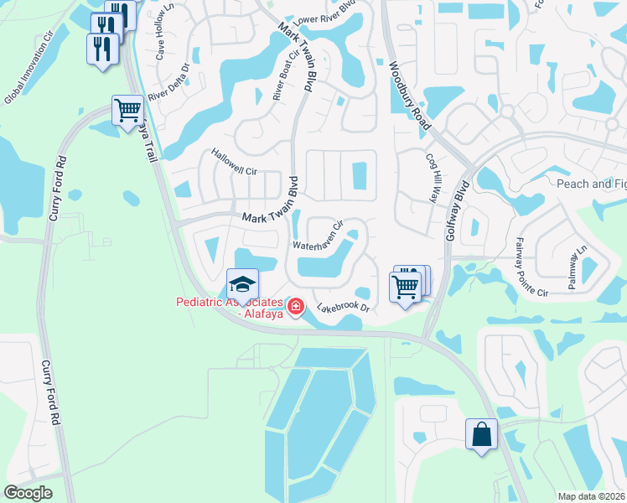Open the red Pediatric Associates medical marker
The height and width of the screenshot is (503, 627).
coord(295,309)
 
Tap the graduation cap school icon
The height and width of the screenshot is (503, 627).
coord(242,283)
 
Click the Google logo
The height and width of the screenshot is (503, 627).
coord(28,493)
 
